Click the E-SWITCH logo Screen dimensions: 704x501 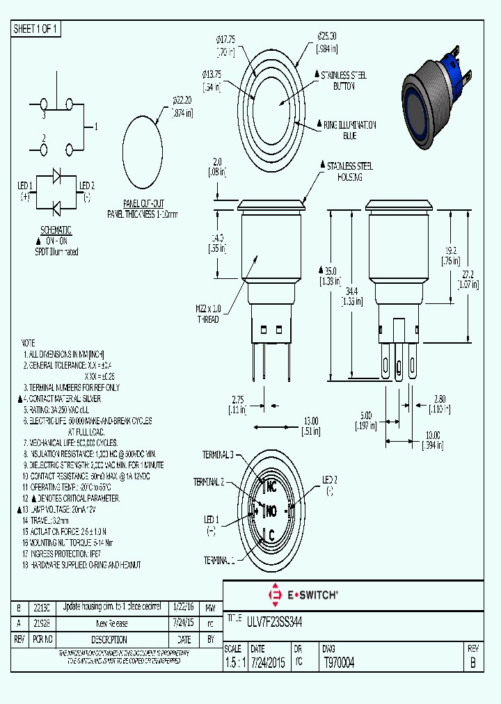coord(303,595)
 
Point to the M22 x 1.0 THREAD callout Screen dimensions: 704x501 coord(207,314)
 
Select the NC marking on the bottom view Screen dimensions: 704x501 coord(271,488)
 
